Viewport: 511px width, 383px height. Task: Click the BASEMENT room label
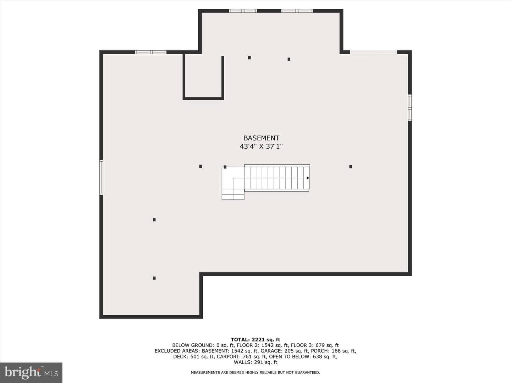(x=261, y=138)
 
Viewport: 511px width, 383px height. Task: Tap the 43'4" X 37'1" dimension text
(x=261, y=146)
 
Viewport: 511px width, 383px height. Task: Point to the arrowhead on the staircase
(x=308, y=178)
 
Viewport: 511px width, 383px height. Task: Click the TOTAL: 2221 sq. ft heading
(x=255, y=339)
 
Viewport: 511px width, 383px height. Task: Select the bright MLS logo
(x=31, y=372)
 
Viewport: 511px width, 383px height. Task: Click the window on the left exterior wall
(x=101, y=177)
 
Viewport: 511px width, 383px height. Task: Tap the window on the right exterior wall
(x=410, y=107)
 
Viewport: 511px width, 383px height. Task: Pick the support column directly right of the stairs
(x=351, y=167)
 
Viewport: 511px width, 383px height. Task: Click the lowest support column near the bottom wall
(x=154, y=278)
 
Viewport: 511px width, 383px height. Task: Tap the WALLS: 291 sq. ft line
(x=255, y=362)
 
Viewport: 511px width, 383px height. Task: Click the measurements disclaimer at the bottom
(x=255, y=372)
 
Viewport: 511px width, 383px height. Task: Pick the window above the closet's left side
(x=150, y=52)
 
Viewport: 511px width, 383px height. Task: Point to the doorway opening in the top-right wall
(x=373, y=52)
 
